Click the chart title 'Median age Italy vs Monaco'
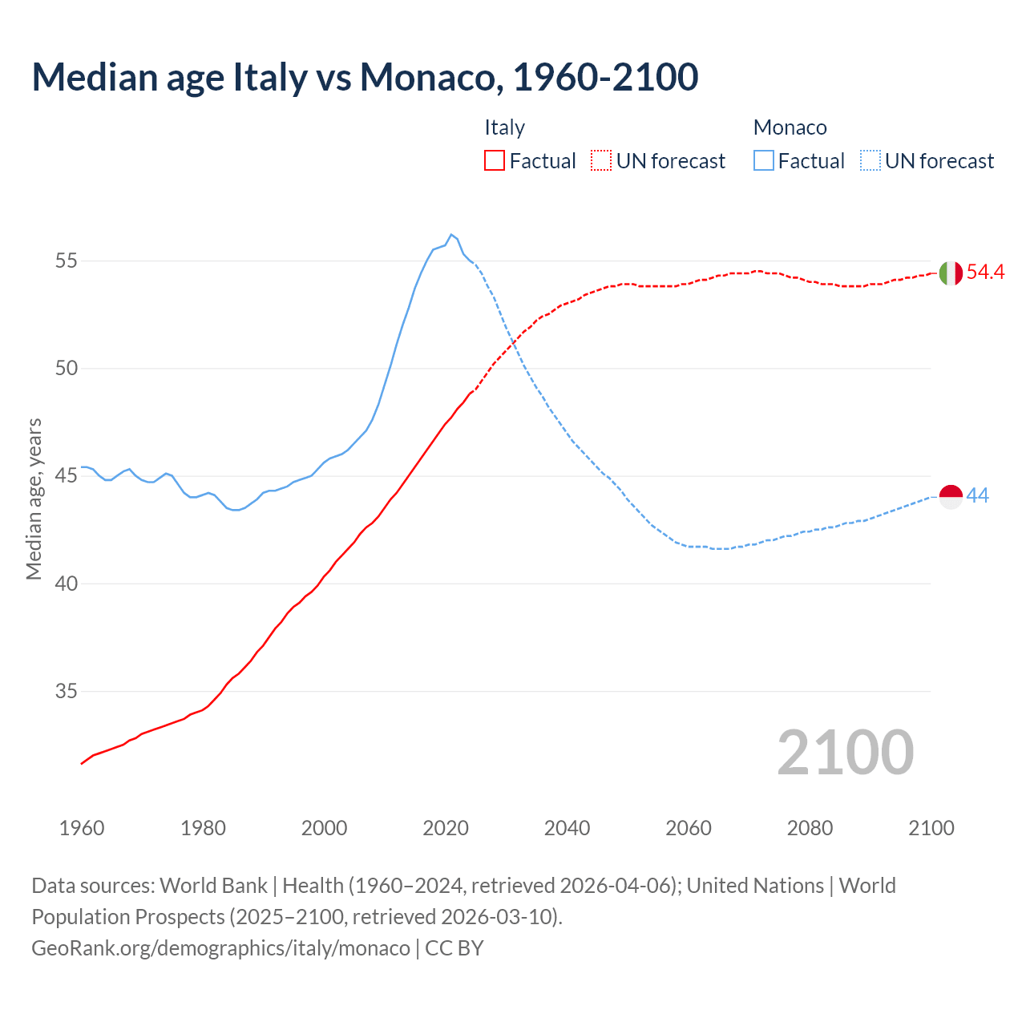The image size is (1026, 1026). [365, 77]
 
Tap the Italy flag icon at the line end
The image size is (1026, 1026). [950, 273]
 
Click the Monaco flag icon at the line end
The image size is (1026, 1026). [950, 496]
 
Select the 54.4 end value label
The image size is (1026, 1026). [985, 273]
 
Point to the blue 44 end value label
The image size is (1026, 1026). [977, 496]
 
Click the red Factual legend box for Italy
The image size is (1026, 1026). [495, 161]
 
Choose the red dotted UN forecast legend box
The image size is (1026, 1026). [601, 161]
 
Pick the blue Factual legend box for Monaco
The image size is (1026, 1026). [763, 161]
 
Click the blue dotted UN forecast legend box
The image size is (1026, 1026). [870, 161]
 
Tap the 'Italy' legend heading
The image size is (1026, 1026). [504, 127]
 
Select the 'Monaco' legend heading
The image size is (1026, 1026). [790, 127]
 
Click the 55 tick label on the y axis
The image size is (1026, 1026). [67, 261]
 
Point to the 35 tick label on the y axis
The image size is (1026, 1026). [67, 691]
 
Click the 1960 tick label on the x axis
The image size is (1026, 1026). [82, 828]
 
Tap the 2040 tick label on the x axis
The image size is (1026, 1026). [567, 828]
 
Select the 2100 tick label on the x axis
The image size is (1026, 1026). [931, 828]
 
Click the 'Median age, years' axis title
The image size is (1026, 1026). [34, 499]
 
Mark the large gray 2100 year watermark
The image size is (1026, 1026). [845, 752]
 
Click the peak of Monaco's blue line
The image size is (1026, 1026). [451, 235]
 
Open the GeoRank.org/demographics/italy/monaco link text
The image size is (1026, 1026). [220, 948]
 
